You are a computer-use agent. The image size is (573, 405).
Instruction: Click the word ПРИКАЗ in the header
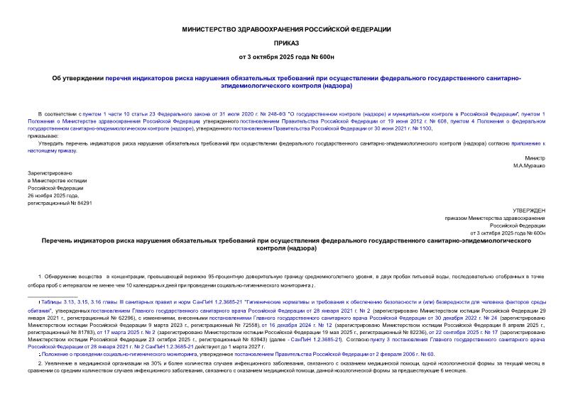(286, 41)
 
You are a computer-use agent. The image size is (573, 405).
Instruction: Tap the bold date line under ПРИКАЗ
(286, 55)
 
